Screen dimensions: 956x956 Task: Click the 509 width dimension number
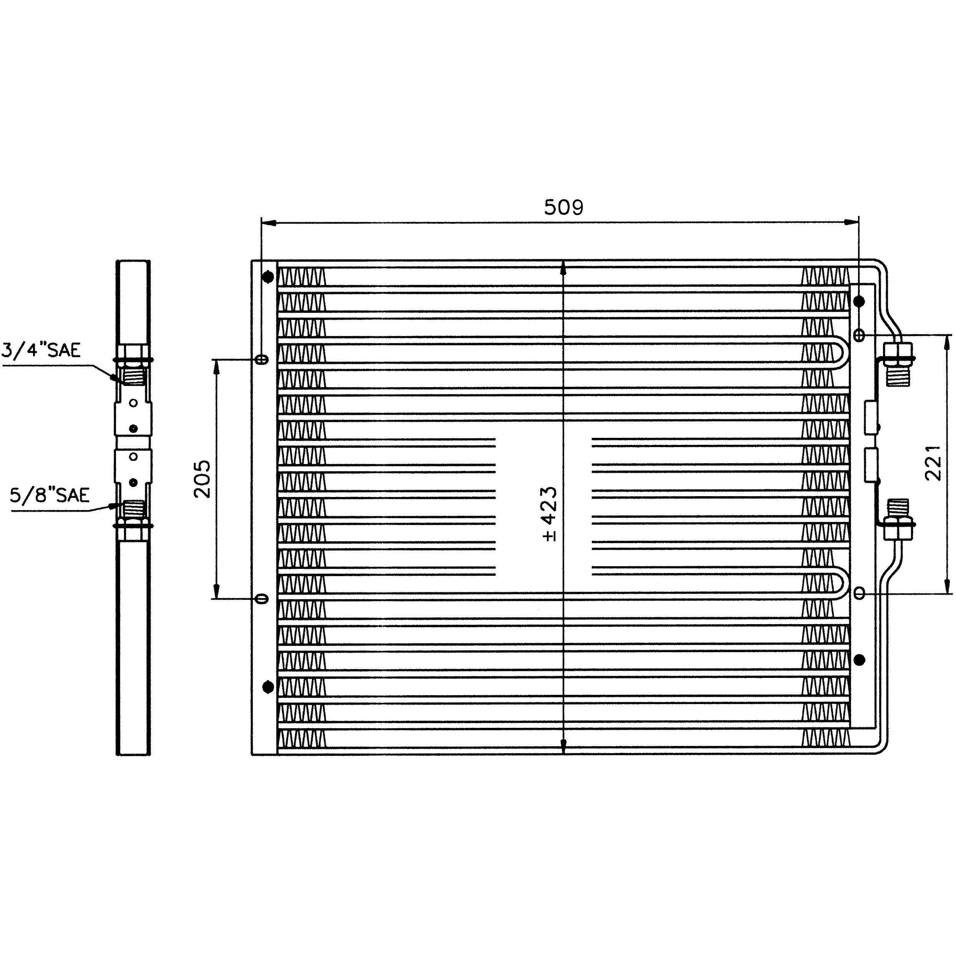pos(563,207)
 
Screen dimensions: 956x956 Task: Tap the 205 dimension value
pos(202,479)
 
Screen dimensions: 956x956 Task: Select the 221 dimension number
pos(933,463)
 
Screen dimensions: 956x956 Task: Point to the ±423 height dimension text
pos(549,514)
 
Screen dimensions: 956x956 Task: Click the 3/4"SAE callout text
pos(41,350)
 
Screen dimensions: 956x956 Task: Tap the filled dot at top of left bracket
pos(268,277)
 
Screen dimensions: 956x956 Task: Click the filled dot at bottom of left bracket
pos(268,687)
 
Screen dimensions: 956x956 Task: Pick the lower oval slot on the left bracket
pos(263,599)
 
